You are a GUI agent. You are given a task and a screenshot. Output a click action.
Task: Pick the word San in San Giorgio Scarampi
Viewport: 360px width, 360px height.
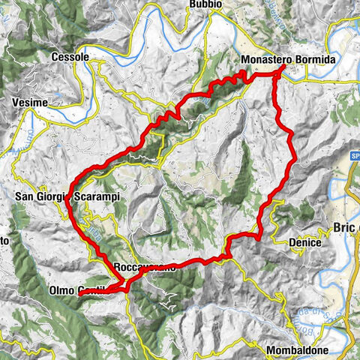25,197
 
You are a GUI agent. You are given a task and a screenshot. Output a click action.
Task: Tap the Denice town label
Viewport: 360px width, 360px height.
304,243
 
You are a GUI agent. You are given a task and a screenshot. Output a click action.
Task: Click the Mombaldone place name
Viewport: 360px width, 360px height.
301,350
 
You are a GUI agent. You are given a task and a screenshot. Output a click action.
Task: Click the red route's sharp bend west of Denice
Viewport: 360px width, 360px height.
258,236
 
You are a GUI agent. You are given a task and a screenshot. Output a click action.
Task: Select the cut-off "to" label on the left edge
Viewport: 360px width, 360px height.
4,241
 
